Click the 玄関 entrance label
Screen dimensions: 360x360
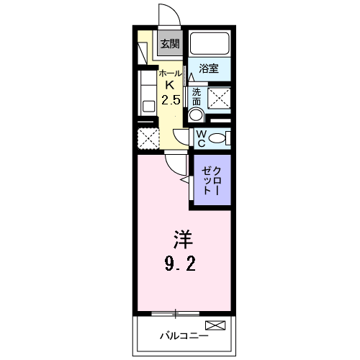(170, 44)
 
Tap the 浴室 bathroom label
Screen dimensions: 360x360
(209, 68)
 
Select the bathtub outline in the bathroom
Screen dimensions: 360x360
(210, 43)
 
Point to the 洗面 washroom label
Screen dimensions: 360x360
(197, 97)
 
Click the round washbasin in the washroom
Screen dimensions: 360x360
(197, 114)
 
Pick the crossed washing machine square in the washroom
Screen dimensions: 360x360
(219, 99)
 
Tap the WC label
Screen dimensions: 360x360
(201, 138)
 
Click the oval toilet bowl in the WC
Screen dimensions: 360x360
(217, 138)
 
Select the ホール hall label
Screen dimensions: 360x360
(171, 73)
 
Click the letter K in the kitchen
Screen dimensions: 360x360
(170, 85)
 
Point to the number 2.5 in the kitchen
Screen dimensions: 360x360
(171, 99)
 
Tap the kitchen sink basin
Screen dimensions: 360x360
(149, 107)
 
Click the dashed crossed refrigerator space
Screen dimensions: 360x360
(148, 139)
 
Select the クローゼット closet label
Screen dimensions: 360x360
(211, 181)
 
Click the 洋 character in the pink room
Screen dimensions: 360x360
(184, 239)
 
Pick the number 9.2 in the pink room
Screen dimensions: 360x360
(180, 264)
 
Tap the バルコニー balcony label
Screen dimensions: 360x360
(184, 336)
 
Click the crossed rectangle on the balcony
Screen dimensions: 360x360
(215, 325)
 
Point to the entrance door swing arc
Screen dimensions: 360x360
(175, 9)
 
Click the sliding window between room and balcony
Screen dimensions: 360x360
(176, 313)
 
